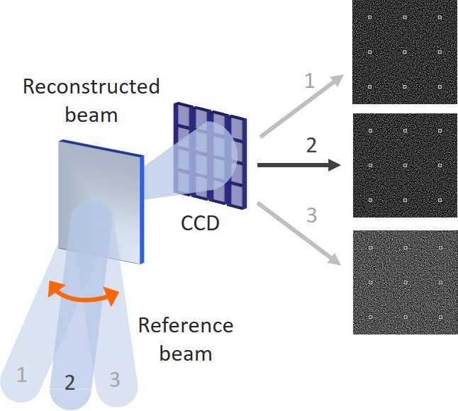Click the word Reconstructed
[x=91, y=86]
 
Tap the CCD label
[x=200, y=224]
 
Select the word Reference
[x=186, y=325]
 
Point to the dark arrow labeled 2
[x=298, y=165]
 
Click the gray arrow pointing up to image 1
[x=301, y=106]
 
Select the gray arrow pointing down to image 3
[x=299, y=233]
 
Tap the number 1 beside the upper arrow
[x=310, y=81]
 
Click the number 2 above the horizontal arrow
[x=311, y=146]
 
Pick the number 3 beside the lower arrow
[x=312, y=215]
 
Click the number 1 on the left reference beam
[x=22, y=375]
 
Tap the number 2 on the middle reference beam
[x=69, y=383]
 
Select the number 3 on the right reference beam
[x=115, y=380]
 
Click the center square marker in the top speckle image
[x=405, y=52]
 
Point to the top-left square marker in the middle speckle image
[x=370, y=131]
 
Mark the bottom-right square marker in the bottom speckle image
[x=440, y=317]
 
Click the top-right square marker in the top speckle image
[x=440, y=18]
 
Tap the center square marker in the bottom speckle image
[x=406, y=283]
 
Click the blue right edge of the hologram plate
[x=142, y=210]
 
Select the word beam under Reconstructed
[x=91, y=115]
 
